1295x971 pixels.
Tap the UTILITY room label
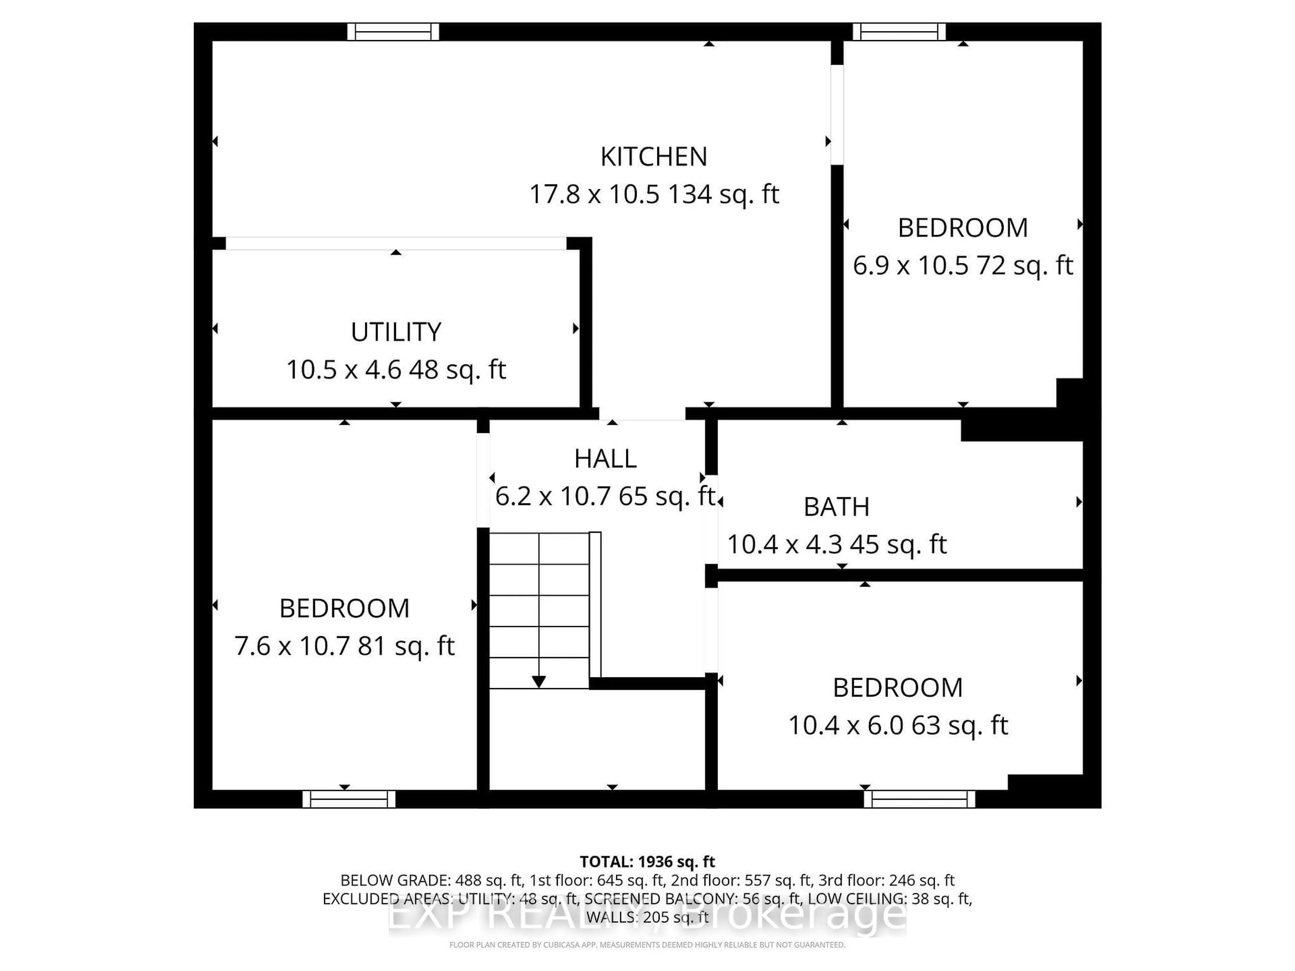[396, 332]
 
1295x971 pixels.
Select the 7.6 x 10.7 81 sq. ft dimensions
[344, 646]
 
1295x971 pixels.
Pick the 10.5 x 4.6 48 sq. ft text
[396, 370]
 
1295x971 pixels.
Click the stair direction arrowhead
[539, 681]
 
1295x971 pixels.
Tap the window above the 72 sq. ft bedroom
[899, 32]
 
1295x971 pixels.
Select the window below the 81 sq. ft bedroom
[349, 799]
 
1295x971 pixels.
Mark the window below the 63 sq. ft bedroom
[919, 799]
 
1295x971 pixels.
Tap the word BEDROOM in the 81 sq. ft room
[344, 609]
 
